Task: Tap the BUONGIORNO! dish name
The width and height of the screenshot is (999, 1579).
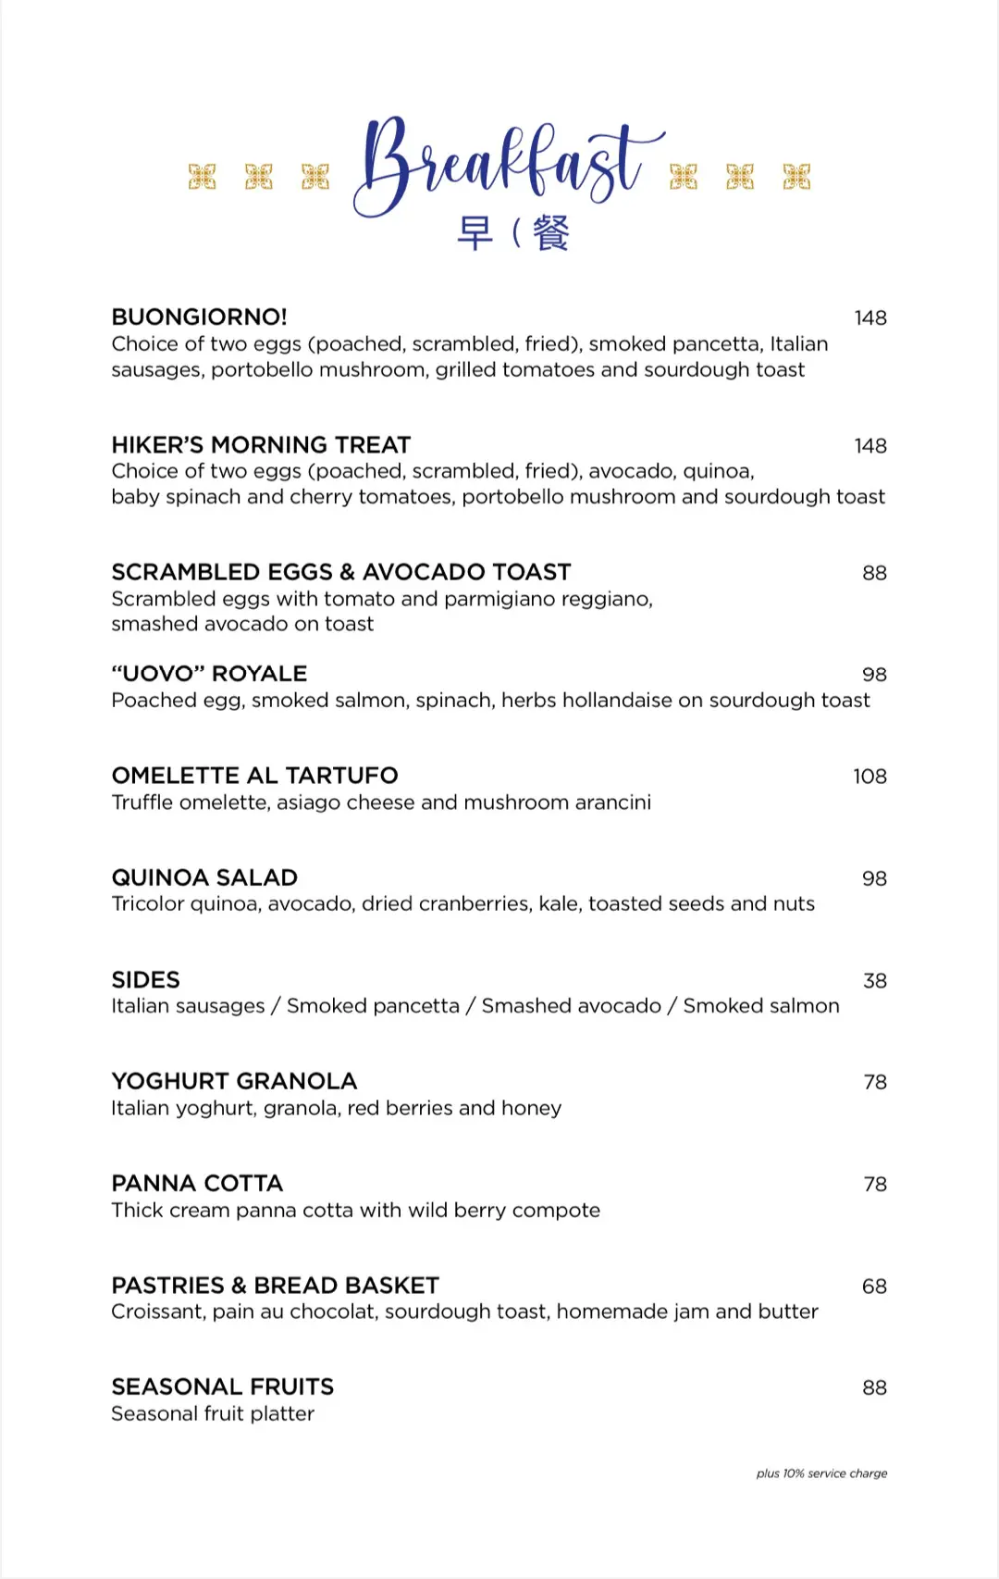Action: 199,317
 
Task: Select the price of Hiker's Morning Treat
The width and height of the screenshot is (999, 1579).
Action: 869,446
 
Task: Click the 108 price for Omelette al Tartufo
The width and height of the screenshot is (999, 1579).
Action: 869,777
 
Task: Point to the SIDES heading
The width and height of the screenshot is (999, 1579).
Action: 145,980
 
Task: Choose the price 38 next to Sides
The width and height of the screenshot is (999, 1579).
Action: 874,981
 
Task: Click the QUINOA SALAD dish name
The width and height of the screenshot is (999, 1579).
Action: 204,877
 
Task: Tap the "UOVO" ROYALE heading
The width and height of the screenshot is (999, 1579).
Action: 209,674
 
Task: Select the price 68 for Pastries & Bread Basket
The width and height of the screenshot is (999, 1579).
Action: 874,1287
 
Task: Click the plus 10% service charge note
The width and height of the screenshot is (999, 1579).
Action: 821,1473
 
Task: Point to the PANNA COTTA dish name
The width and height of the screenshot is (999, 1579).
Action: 197,1184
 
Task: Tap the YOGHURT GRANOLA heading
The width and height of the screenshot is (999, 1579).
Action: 234,1081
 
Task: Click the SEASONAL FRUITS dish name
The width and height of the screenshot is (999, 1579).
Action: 222,1387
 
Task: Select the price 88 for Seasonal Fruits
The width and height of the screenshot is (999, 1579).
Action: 874,1388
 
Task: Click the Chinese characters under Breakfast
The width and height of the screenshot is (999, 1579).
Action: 513,233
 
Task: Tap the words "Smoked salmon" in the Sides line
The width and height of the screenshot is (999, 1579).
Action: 761,1006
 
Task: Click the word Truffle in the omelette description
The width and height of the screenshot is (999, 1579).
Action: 142,802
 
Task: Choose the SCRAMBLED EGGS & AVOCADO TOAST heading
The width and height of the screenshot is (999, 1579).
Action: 341,572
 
